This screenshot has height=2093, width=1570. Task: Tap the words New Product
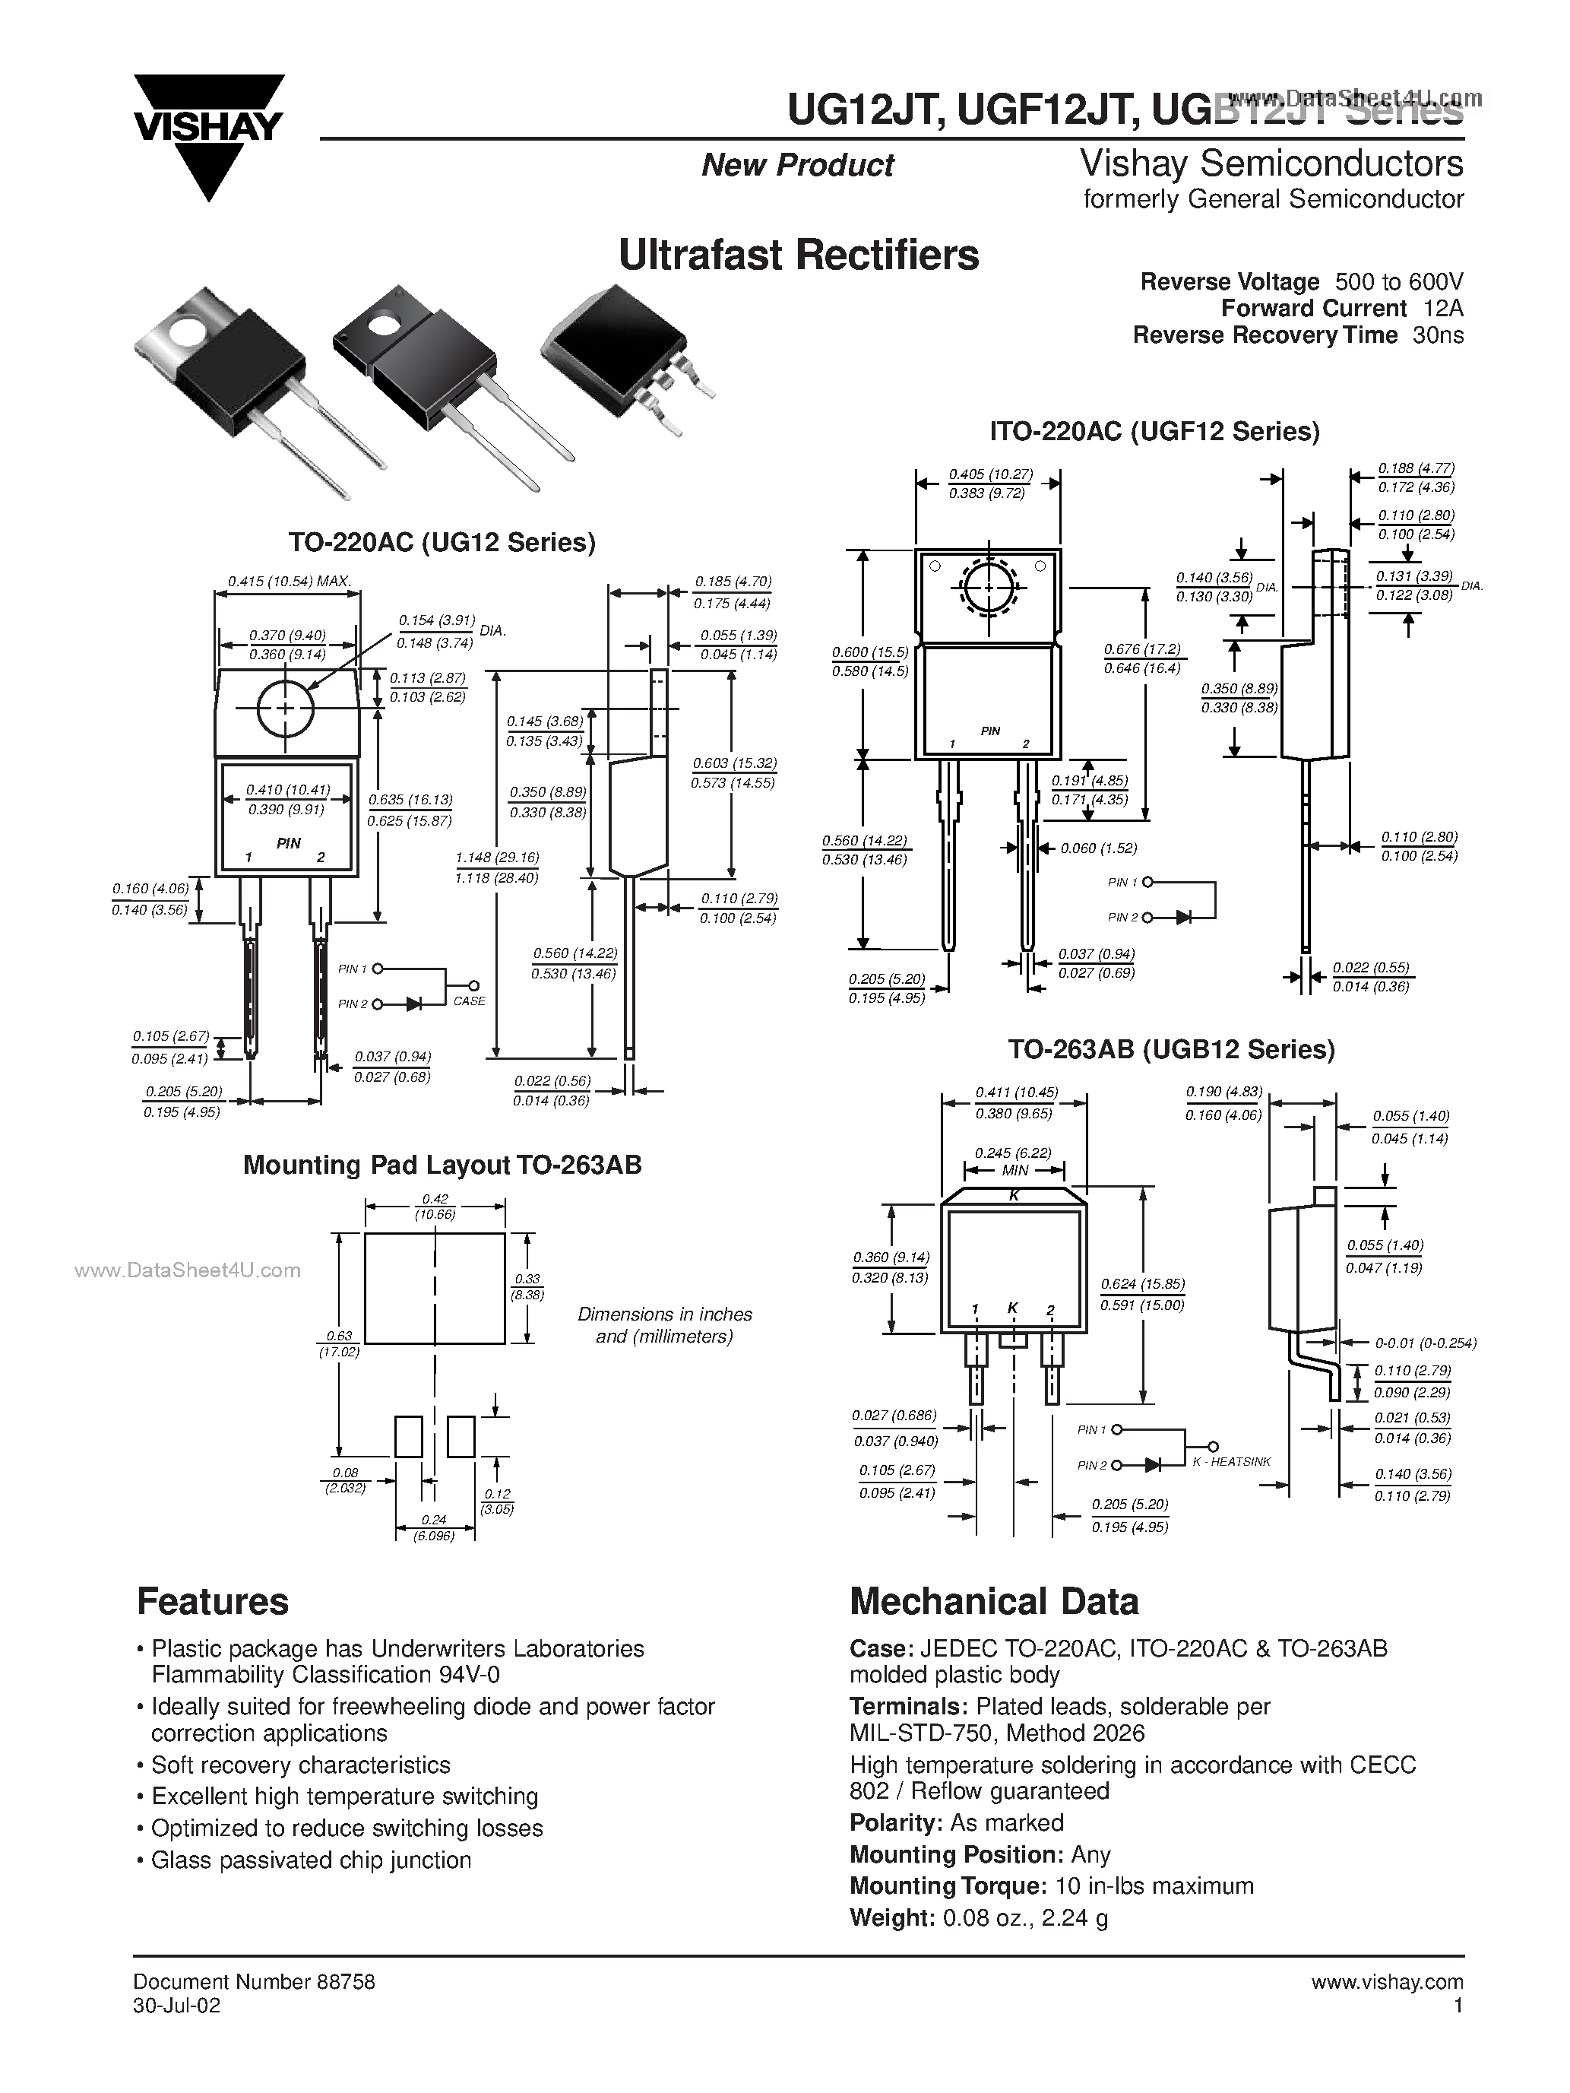[797, 166]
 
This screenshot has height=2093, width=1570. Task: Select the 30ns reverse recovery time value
[1438, 335]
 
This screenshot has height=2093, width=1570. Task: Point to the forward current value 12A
[1442, 309]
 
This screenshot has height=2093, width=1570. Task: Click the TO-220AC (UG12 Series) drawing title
[442, 542]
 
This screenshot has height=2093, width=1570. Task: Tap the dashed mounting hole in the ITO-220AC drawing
[989, 588]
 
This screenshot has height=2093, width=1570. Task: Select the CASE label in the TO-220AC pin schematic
[469, 1001]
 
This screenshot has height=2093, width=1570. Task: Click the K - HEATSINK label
[1231, 1462]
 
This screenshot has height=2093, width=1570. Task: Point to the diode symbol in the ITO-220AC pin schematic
[1182, 917]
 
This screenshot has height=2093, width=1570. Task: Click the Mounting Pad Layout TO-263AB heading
[442, 1165]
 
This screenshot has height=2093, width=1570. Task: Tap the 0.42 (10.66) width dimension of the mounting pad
[435, 1207]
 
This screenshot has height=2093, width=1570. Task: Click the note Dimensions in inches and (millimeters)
[664, 1324]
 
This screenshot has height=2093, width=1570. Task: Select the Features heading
[213, 1602]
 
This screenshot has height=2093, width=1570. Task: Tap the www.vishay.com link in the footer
[1387, 1982]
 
